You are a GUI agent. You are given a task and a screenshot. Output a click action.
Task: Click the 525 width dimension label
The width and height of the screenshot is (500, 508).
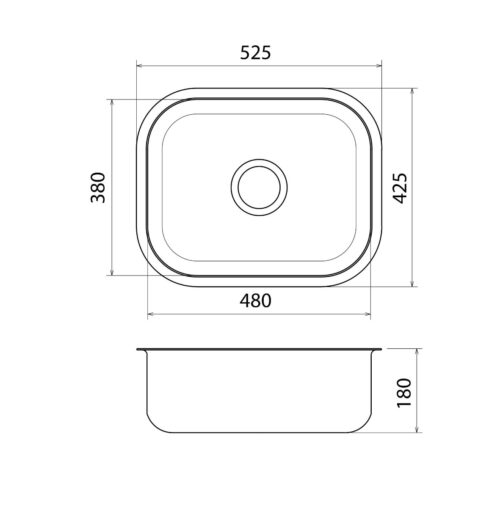click(x=256, y=53)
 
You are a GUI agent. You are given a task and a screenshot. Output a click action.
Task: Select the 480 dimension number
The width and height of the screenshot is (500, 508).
click(x=256, y=300)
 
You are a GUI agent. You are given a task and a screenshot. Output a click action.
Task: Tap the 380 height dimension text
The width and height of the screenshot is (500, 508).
click(x=98, y=187)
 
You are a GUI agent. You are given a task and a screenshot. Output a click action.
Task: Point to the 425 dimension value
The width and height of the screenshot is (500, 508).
click(x=400, y=188)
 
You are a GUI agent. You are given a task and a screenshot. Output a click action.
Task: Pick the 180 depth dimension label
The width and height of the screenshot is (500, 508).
click(x=404, y=392)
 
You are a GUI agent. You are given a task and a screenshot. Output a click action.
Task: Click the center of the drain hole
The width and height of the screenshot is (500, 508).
click(x=259, y=187)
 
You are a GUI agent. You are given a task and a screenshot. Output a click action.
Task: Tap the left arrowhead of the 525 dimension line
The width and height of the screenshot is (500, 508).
click(x=140, y=66)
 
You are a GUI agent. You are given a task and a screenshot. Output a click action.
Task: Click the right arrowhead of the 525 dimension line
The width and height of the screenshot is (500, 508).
click(x=379, y=66)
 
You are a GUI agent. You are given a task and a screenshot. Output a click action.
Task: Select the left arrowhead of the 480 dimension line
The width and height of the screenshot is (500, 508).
click(x=151, y=314)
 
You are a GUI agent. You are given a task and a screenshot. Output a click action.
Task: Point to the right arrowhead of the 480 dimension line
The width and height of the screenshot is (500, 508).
click(x=367, y=314)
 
